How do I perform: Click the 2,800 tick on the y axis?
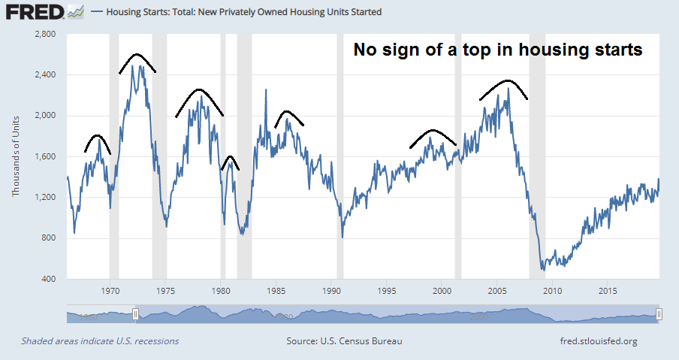point(46,35)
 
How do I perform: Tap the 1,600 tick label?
point(47,157)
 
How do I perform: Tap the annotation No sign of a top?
point(498,50)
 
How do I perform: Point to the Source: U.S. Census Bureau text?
point(344,341)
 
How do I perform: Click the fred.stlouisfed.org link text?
point(599,341)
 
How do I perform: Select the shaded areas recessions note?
point(100,341)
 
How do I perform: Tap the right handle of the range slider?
point(659,314)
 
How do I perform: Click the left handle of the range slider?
point(136,314)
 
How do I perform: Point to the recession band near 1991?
point(339,157)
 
